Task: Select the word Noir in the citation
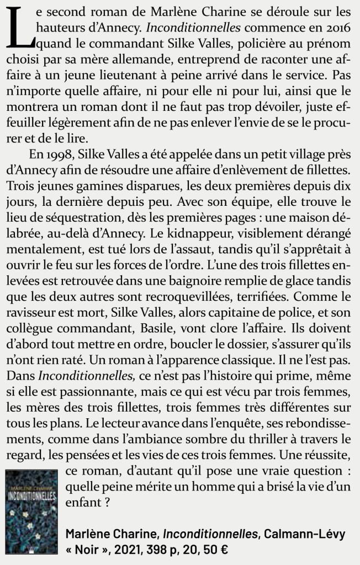pyautogui.click(x=89, y=550)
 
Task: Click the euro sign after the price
pyautogui.click(x=223, y=550)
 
